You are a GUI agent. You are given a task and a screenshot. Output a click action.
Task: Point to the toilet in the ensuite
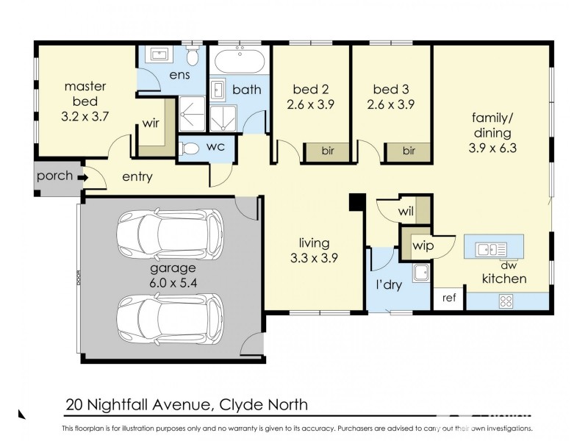point(193,57)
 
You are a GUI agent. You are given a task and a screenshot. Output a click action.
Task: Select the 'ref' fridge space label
point(448,299)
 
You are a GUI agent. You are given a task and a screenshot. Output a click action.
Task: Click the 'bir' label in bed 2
point(329,151)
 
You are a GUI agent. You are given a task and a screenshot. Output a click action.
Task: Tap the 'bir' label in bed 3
point(408,151)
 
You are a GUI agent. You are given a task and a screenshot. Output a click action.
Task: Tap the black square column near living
point(356,201)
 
